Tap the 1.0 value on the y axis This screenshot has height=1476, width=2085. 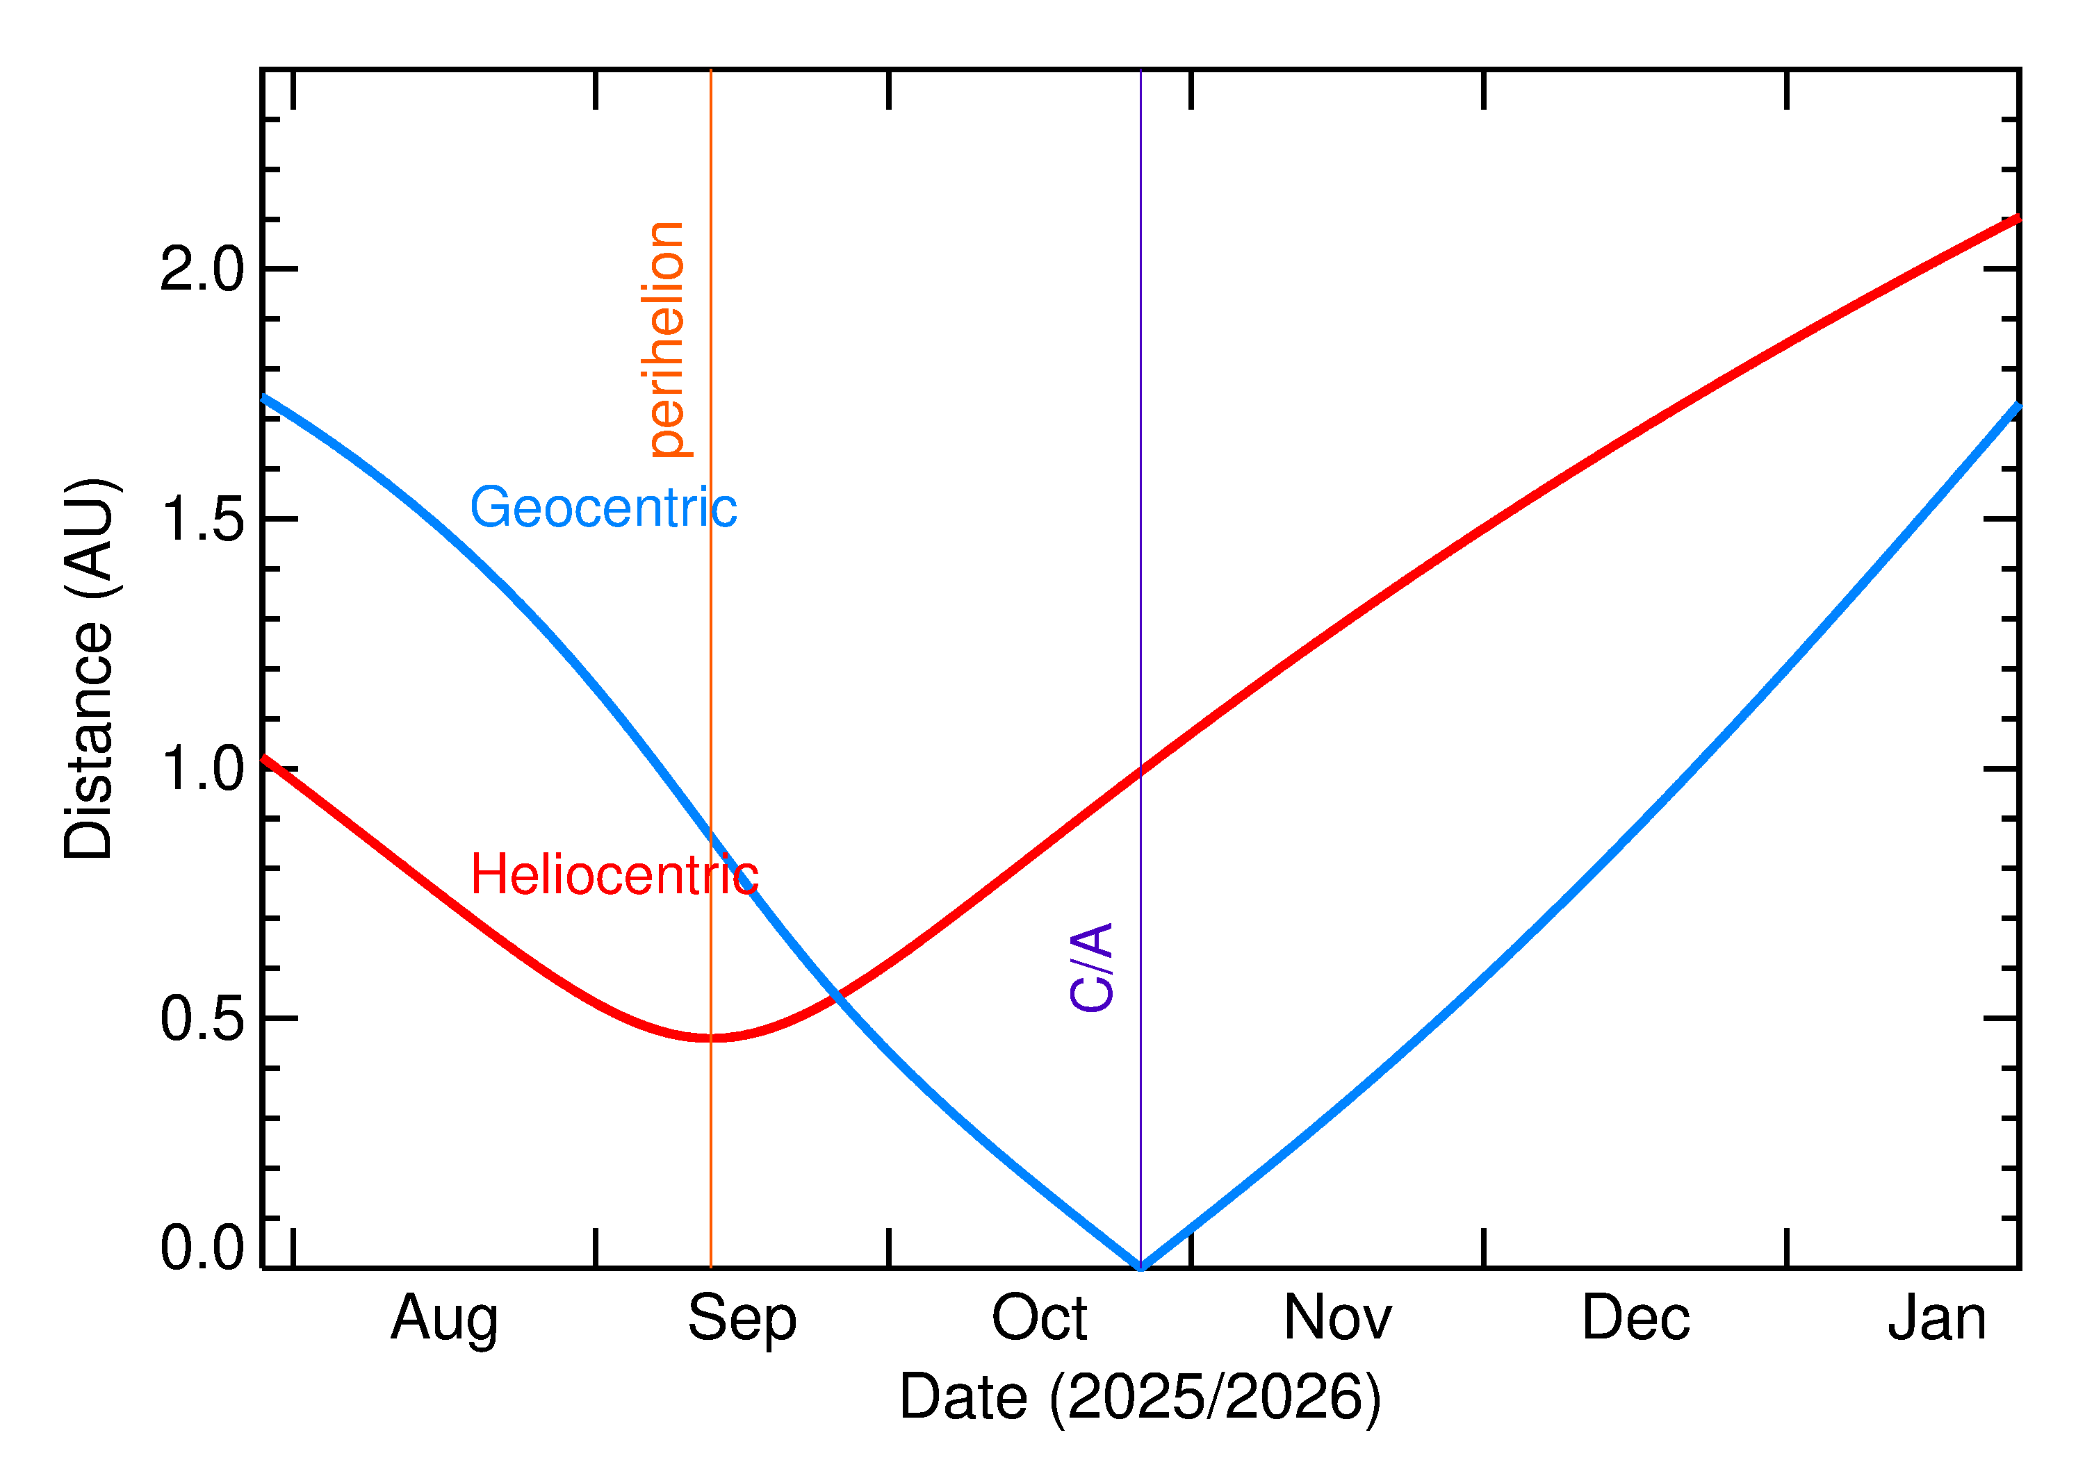pyautogui.click(x=202, y=769)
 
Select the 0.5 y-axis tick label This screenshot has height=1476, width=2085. pyautogui.click(x=202, y=1019)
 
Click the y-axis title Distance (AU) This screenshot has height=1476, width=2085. pyautogui.click(x=88, y=668)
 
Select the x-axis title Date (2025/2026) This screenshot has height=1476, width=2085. pyautogui.click(x=1139, y=1397)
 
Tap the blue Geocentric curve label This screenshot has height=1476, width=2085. pyautogui.click(x=603, y=507)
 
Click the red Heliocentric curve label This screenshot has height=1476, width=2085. pyautogui.click(x=614, y=875)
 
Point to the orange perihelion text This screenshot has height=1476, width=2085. pyautogui.click(x=667, y=339)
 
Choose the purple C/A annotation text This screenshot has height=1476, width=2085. pyautogui.click(x=1092, y=967)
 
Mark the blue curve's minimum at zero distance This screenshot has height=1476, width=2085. pyautogui.click(x=1140, y=1266)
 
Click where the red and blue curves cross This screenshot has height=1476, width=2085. pyautogui.click(x=838, y=996)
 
